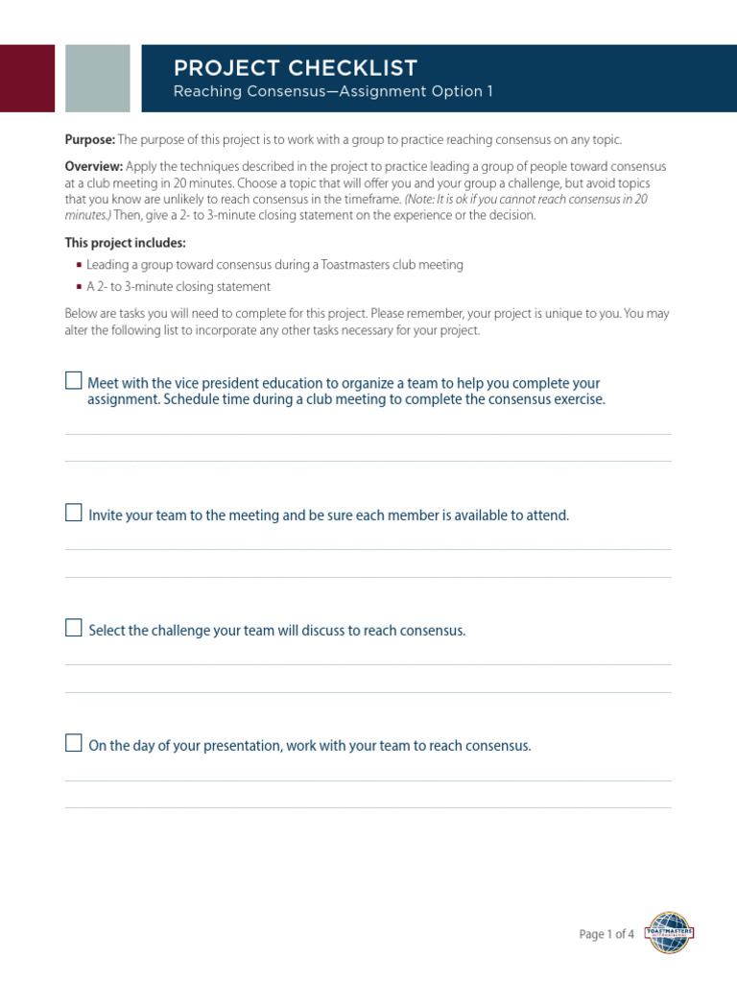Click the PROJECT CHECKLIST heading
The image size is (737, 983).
pyautogui.click(x=295, y=68)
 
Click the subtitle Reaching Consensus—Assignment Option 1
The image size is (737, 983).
pyautogui.click(x=332, y=92)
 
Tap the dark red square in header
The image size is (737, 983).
pyautogui.click(x=27, y=78)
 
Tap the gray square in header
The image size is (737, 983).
pyautogui.click(x=98, y=78)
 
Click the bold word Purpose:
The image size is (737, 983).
pyautogui.click(x=90, y=140)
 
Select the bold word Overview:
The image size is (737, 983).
pyautogui.click(x=93, y=167)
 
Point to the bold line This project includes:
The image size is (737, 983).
pyautogui.click(x=126, y=243)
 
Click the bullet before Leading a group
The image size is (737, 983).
pyautogui.click(x=79, y=265)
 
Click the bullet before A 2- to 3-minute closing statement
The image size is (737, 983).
pyautogui.click(x=79, y=287)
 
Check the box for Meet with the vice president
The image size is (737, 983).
pyautogui.click(x=74, y=380)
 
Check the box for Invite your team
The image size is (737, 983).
pyautogui.click(x=74, y=513)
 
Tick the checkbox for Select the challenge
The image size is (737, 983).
pyautogui.click(x=74, y=628)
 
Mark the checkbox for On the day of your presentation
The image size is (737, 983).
pyautogui.click(x=74, y=743)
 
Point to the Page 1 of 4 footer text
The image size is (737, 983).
pyautogui.click(x=606, y=934)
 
